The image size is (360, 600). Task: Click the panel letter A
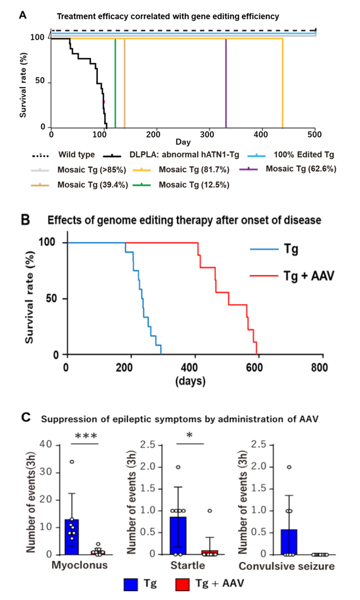coord(23,15)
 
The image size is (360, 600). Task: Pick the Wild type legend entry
coord(73,155)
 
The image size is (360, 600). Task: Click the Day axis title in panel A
coord(183,142)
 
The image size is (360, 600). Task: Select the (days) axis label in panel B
coord(193,380)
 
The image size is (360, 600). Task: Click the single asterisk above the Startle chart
coord(189,437)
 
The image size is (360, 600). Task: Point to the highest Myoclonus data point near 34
coord(72,461)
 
